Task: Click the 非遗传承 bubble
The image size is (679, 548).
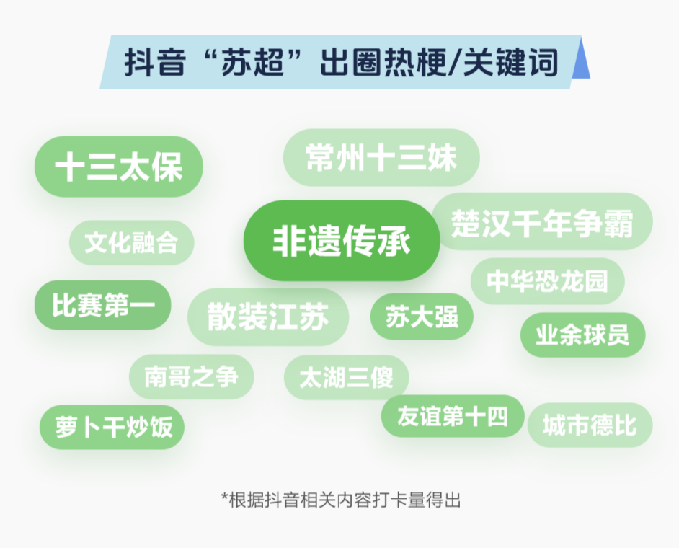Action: pyautogui.click(x=342, y=240)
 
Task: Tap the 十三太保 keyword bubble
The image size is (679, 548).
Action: pyautogui.click(x=119, y=167)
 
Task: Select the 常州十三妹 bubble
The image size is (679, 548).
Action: pyautogui.click(x=381, y=157)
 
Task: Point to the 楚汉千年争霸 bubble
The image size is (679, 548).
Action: pyautogui.click(x=542, y=221)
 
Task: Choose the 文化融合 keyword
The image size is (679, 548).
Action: pyautogui.click(x=132, y=242)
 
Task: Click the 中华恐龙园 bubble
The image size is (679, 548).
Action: pyautogui.click(x=547, y=280)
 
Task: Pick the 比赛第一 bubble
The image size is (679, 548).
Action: pyautogui.click(x=103, y=304)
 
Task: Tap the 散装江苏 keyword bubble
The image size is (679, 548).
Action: pyautogui.click(x=268, y=317)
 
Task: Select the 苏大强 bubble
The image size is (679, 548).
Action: pyautogui.click(x=422, y=317)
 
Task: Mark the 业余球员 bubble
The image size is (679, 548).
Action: pyautogui.click(x=583, y=335)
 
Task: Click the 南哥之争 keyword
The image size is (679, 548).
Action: pyautogui.click(x=192, y=376)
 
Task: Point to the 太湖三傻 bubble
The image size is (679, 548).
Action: pyautogui.click(x=347, y=377)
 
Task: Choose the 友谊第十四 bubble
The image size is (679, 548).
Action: pyautogui.click(x=453, y=416)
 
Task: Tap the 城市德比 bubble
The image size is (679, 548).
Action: pyautogui.click(x=590, y=425)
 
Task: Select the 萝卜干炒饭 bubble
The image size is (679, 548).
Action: pyautogui.click(x=112, y=427)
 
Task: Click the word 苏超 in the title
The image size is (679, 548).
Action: pyautogui.click(x=253, y=63)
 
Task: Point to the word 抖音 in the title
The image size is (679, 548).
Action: pyautogui.click(x=155, y=63)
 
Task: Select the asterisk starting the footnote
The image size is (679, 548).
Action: pyautogui.click(x=224, y=497)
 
